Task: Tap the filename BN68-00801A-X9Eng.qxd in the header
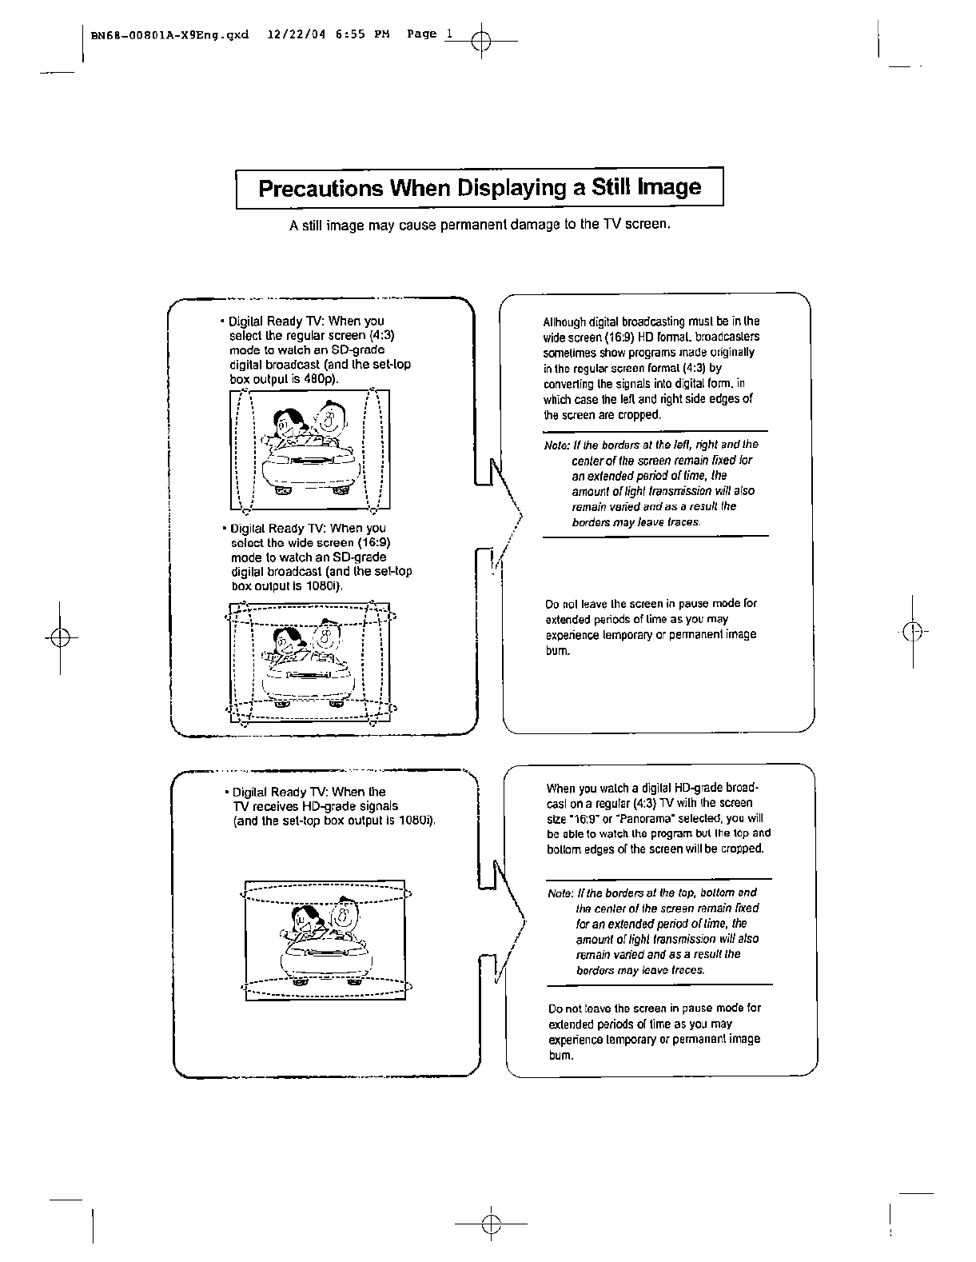coord(169,35)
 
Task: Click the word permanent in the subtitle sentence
coord(476,225)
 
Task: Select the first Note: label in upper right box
coord(556,445)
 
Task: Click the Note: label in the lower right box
coord(561,893)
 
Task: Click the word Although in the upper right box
coord(564,322)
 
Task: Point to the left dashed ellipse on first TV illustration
coord(245,449)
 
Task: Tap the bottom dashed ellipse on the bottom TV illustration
coord(327,988)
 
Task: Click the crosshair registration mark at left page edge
coord(60,637)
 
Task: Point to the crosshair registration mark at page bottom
coord(490,1223)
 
